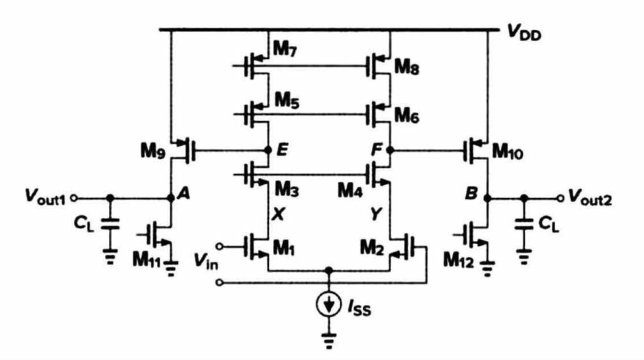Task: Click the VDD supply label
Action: tap(525, 32)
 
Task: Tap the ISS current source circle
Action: tap(328, 305)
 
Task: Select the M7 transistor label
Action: tap(285, 50)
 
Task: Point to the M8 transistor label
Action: tap(407, 67)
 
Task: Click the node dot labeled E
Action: tap(268, 150)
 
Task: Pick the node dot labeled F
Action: tap(390, 150)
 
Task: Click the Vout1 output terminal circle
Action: tap(74, 198)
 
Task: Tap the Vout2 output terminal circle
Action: tap(560, 198)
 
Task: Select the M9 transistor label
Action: tap(153, 151)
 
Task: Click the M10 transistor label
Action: tap(508, 152)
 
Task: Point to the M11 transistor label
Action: tap(147, 260)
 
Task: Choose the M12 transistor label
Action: tap(458, 260)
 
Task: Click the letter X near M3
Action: tap(278, 214)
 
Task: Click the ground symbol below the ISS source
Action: tap(328, 340)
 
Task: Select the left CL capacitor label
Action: tap(84, 223)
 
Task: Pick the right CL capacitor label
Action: tap(548, 224)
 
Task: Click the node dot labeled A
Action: tap(171, 198)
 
